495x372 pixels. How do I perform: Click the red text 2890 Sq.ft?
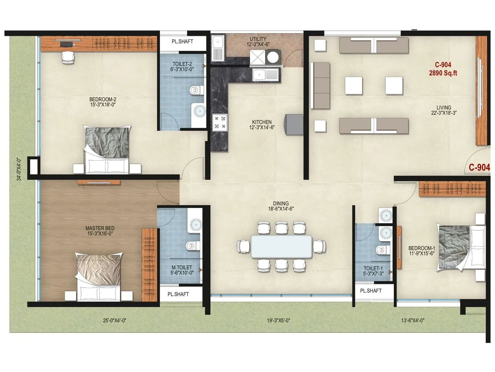pyautogui.click(x=443, y=73)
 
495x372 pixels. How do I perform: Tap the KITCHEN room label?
pyautogui.click(x=262, y=122)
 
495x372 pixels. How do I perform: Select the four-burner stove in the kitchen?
pyautogui.click(x=220, y=122)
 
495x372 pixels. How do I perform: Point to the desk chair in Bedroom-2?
pyautogui.click(x=68, y=57)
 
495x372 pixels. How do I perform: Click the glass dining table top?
pyautogui.click(x=281, y=246)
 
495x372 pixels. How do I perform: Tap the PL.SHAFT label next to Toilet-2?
pyautogui.click(x=182, y=42)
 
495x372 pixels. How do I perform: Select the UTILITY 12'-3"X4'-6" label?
pyautogui.click(x=258, y=42)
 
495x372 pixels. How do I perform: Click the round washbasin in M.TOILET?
pyautogui.click(x=195, y=224)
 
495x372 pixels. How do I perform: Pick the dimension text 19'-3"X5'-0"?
pyautogui.click(x=278, y=321)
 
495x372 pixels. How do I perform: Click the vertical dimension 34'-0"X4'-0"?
pyautogui.click(x=19, y=169)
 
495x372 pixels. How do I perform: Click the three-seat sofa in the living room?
pyautogui.click(x=320, y=86)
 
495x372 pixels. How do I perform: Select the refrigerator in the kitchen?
pyautogui.click(x=294, y=125)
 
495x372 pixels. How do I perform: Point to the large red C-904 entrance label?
pyautogui.click(x=479, y=167)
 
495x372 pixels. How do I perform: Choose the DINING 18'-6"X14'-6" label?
pyautogui.click(x=281, y=206)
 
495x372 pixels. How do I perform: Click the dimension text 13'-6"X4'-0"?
pyautogui.click(x=412, y=321)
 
